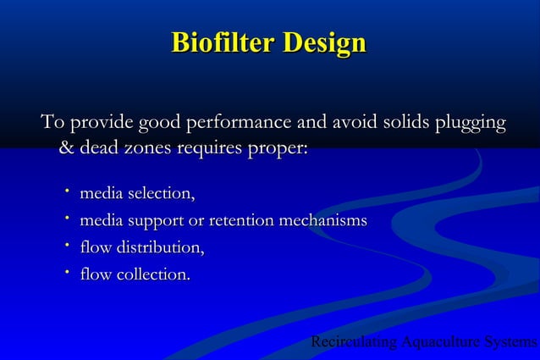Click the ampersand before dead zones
coord(65,149)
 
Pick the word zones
coord(148,149)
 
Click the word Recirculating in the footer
coord(355,342)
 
